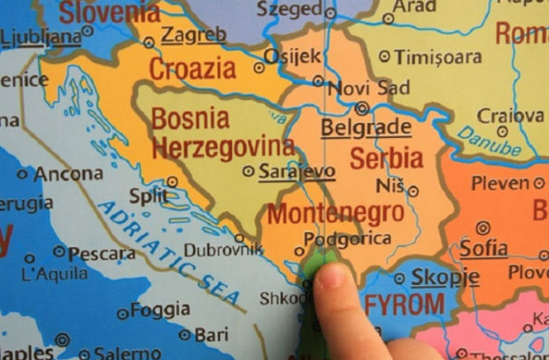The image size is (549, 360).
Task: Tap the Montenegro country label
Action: point(335,213)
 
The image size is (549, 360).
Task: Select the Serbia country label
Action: point(387,158)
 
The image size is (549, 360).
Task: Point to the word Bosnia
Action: point(190,119)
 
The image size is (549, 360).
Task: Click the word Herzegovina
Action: point(222,147)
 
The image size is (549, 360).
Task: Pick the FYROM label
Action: point(405,304)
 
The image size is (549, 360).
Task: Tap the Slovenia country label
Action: point(110,12)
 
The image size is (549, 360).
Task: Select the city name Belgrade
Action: point(365,127)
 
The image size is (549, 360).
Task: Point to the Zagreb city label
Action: point(193,35)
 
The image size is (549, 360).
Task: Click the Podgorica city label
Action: point(347,238)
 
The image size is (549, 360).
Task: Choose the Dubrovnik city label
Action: point(223,250)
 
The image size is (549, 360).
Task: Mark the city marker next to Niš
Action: point(413,190)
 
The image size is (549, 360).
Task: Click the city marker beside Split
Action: point(172,182)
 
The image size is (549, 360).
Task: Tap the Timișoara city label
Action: point(438,57)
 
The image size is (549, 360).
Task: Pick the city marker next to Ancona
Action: point(22,174)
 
